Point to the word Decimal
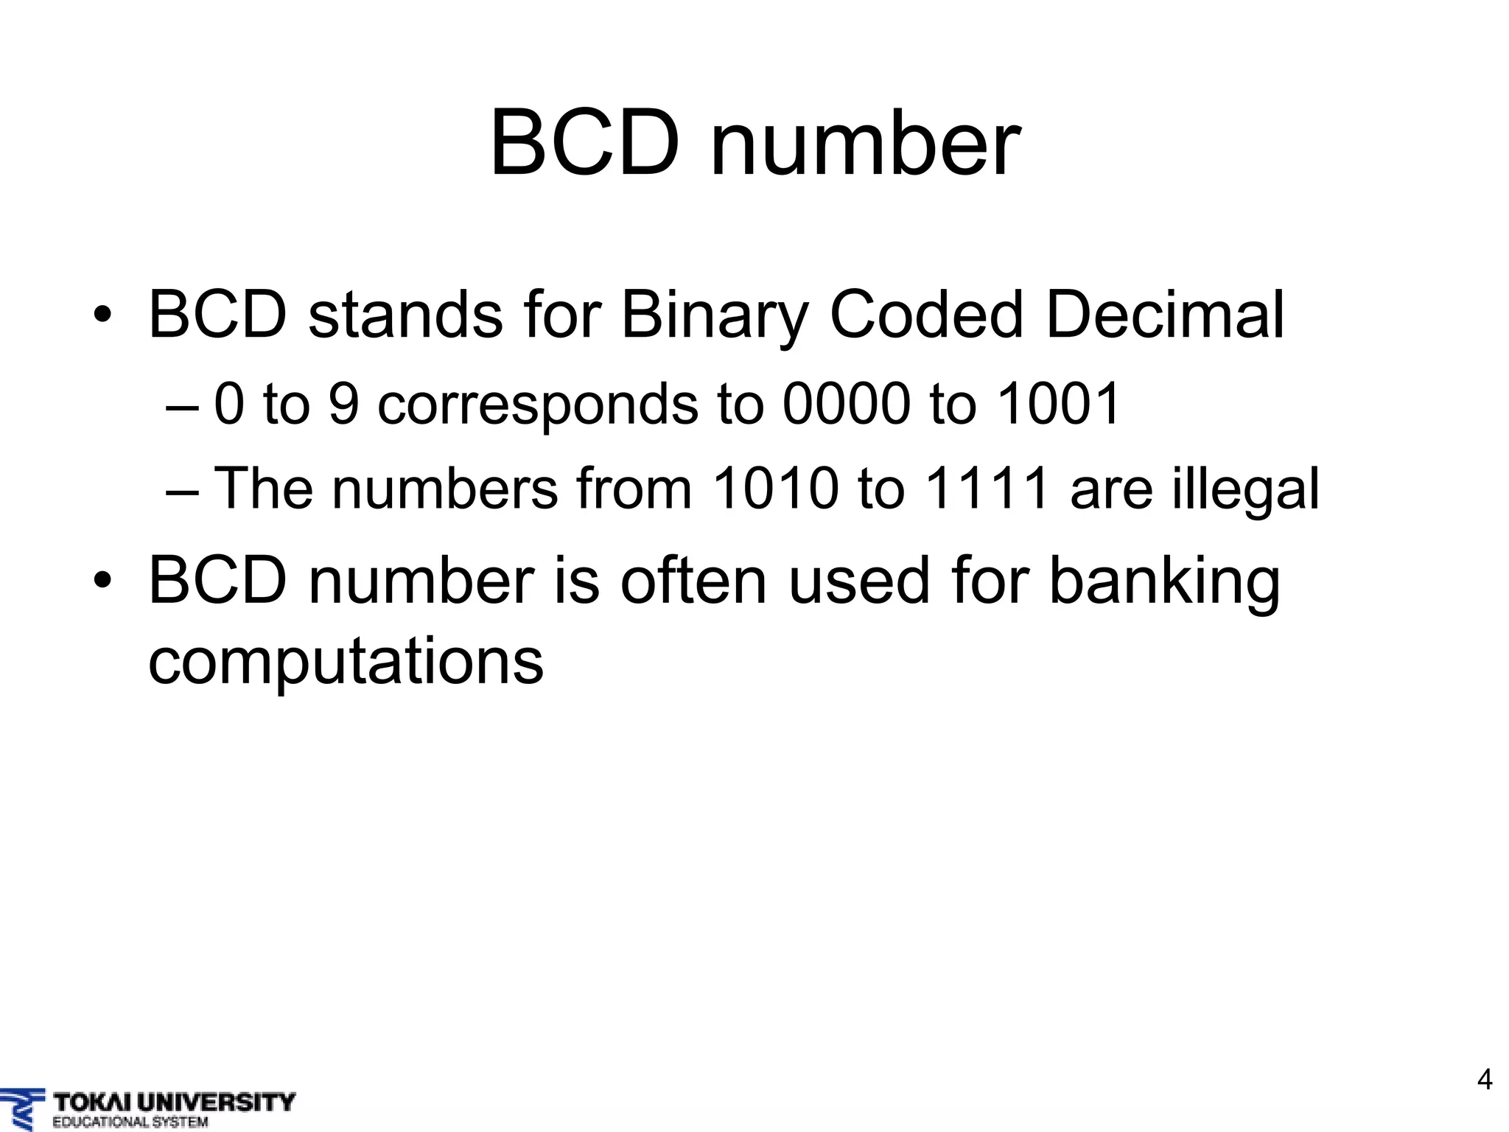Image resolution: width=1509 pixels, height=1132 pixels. (x=1164, y=315)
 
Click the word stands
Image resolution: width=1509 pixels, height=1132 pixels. (x=405, y=315)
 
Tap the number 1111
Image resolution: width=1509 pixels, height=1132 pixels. (x=986, y=489)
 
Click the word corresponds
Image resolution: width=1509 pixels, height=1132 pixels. (x=538, y=406)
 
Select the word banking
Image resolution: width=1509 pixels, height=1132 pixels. (x=1164, y=582)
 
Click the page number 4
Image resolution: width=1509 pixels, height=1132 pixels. (x=1485, y=1080)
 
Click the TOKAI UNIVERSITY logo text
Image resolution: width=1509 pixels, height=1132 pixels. (x=174, y=1103)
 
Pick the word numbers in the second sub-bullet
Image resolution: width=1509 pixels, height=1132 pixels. (x=445, y=489)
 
